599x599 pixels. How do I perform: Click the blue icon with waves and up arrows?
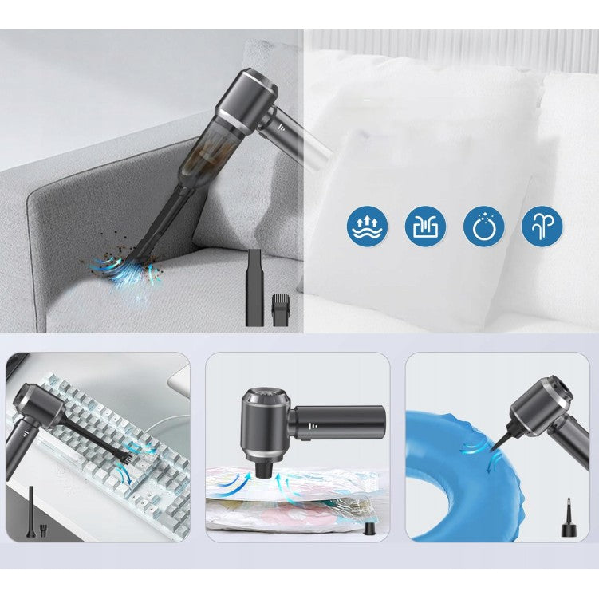click(x=368, y=227)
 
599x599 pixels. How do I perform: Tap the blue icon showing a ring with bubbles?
click(x=484, y=227)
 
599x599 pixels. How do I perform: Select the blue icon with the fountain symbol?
click(x=542, y=227)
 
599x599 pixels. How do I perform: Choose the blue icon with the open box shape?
click(x=426, y=227)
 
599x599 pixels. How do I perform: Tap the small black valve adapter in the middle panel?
click(x=369, y=528)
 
